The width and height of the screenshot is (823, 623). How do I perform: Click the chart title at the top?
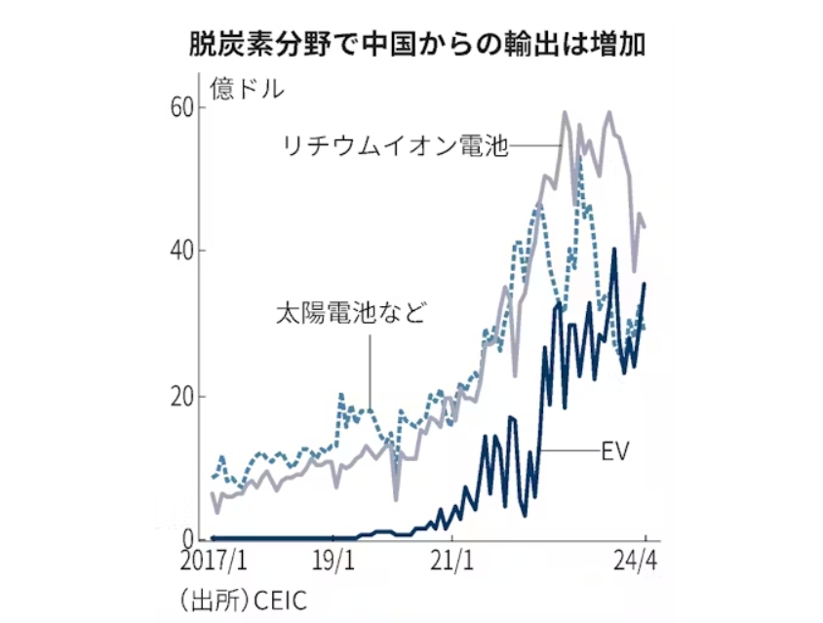coord(419,45)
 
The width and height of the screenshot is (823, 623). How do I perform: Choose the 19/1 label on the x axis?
coord(335,563)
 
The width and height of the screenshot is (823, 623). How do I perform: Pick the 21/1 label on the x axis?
coord(452,563)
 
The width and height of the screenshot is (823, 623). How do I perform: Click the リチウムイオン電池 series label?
coord(394,146)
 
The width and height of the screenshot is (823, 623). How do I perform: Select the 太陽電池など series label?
coord(352,315)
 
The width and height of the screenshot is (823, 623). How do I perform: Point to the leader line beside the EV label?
coord(569,450)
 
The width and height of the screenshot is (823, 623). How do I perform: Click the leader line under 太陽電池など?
coord(370,370)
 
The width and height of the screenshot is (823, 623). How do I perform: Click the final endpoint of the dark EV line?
coord(645,283)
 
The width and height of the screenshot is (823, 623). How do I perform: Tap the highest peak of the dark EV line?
coord(613,250)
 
